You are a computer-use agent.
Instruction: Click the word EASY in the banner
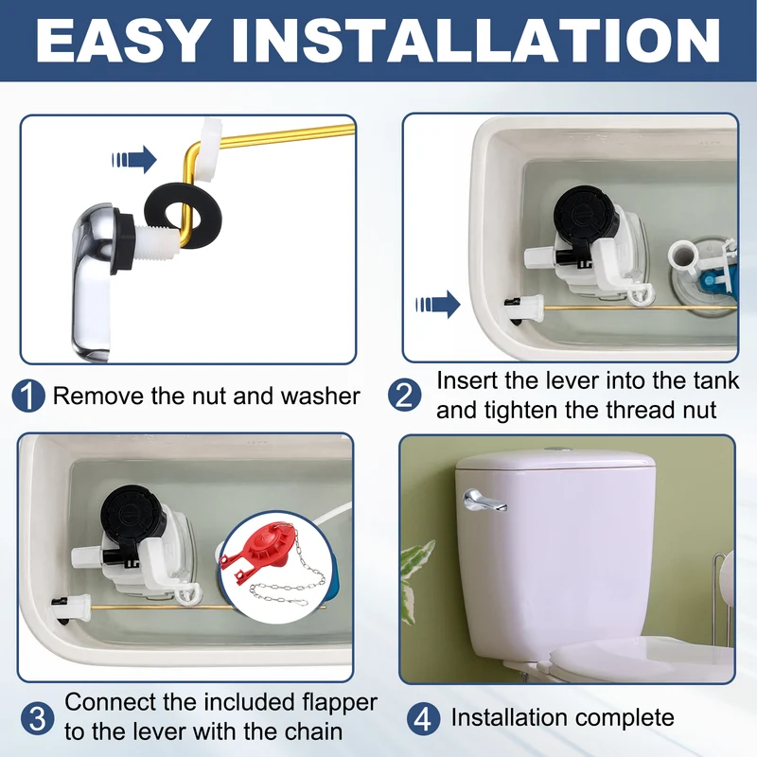pyautogui.click(x=120, y=41)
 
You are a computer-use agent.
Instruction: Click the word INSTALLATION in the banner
pyautogui.click(x=476, y=41)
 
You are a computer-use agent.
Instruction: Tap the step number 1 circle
pyautogui.click(x=28, y=396)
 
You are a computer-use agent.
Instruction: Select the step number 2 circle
pyautogui.click(x=405, y=395)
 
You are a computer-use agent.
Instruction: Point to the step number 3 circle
pyautogui.click(x=37, y=719)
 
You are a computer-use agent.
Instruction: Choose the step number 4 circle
pyautogui.click(x=423, y=718)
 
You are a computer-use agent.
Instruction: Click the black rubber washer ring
pyautogui.click(x=183, y=216)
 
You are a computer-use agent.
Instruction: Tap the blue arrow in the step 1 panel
pyautogui.click(x=134, y=159)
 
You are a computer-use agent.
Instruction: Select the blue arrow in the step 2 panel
pyautogui.click(x=438, y=305)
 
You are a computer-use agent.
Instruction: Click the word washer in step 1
pyautogui.click(x=321, y=396)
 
